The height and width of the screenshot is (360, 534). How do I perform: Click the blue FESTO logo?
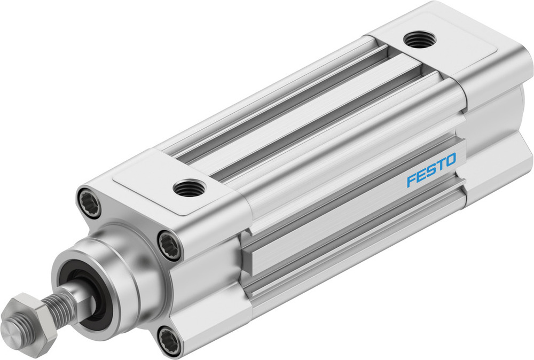point(431,169)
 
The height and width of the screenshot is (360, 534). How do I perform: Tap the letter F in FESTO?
point(411,179)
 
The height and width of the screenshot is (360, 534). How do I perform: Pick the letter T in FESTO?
point(439,165)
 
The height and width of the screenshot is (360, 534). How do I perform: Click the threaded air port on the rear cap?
point(420,40)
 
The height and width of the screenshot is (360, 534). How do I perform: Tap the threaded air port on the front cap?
point(189,188)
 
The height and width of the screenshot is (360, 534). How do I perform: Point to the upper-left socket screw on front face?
point(89,201)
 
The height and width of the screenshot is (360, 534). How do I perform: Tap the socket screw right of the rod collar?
point(170,245)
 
